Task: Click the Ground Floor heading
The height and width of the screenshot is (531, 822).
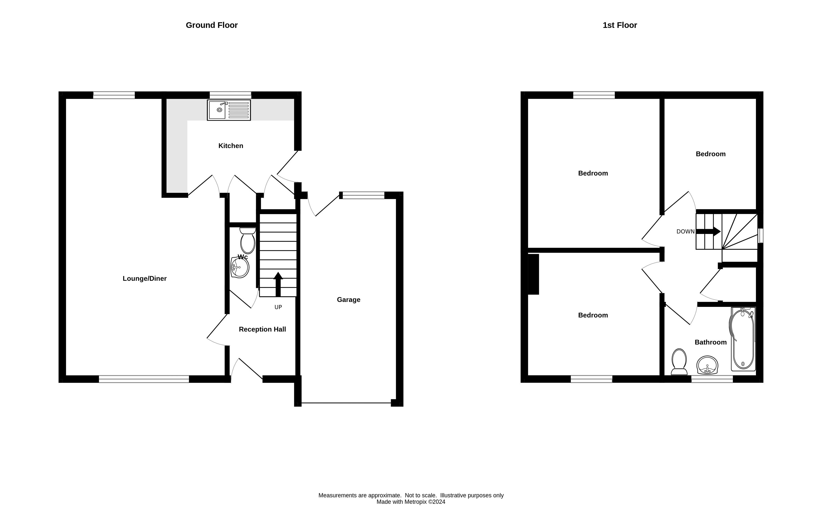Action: click(212, 25)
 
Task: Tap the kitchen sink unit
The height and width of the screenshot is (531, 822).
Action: click(229, 110)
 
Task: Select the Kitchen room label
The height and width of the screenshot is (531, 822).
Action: click(231, 146)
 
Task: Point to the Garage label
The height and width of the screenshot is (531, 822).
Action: click(349, 300)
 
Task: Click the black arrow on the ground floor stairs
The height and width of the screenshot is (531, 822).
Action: click(278, 284)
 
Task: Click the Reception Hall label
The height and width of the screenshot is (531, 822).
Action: click(262, 329)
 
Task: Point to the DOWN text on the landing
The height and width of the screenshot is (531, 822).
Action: click(685, 232)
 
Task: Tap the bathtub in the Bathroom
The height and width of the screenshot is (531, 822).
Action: click(743, 339)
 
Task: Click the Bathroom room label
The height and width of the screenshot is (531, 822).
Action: click(710, 342)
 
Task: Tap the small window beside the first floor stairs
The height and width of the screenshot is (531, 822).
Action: click(761, 236)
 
